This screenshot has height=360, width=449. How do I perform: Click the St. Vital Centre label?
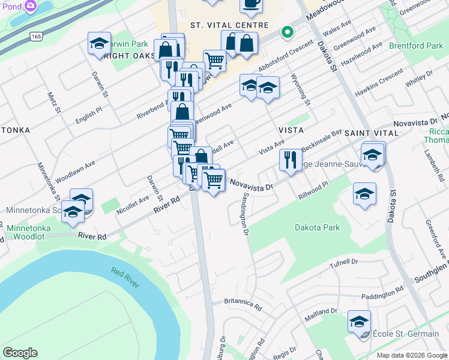point(228,25)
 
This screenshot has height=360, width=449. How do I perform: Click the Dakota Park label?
point(317,227)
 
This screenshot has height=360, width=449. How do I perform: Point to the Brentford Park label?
point(415,46)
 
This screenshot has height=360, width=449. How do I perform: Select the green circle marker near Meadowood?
point(287,32)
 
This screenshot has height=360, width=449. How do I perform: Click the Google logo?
point(20,353)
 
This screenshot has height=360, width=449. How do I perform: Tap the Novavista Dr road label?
point(252,182)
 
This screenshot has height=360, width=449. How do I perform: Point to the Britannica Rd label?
point(243,304)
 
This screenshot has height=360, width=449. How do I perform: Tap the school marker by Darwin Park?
point(99,44)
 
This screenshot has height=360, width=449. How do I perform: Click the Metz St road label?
point(53,102)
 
